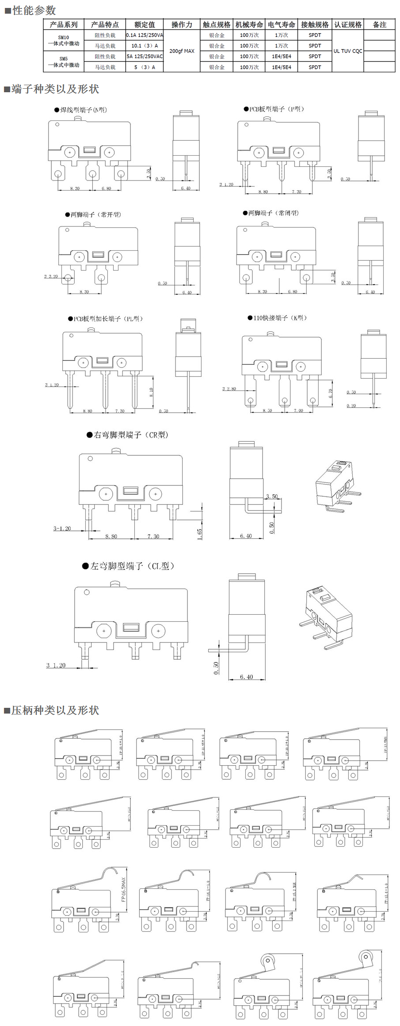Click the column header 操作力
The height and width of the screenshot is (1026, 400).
tap(182, 25)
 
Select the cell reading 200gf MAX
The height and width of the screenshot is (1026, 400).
tap(182, 51)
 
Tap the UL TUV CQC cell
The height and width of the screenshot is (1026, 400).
tap(348, 51)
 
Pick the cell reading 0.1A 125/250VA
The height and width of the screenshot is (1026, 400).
tap(145, 35)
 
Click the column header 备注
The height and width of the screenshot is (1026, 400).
tap(379, 25)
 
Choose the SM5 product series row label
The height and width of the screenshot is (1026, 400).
tap(64, 62)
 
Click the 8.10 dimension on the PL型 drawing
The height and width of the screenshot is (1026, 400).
tap(151, 392)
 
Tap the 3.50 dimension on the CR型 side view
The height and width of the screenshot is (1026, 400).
tap(272, 496)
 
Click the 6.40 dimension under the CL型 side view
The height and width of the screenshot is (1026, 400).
tap(246, 677)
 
